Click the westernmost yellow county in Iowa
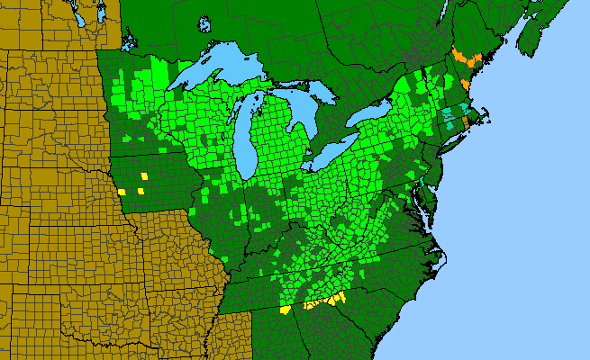click(122, 192)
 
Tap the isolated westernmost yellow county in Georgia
click(286, 309)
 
